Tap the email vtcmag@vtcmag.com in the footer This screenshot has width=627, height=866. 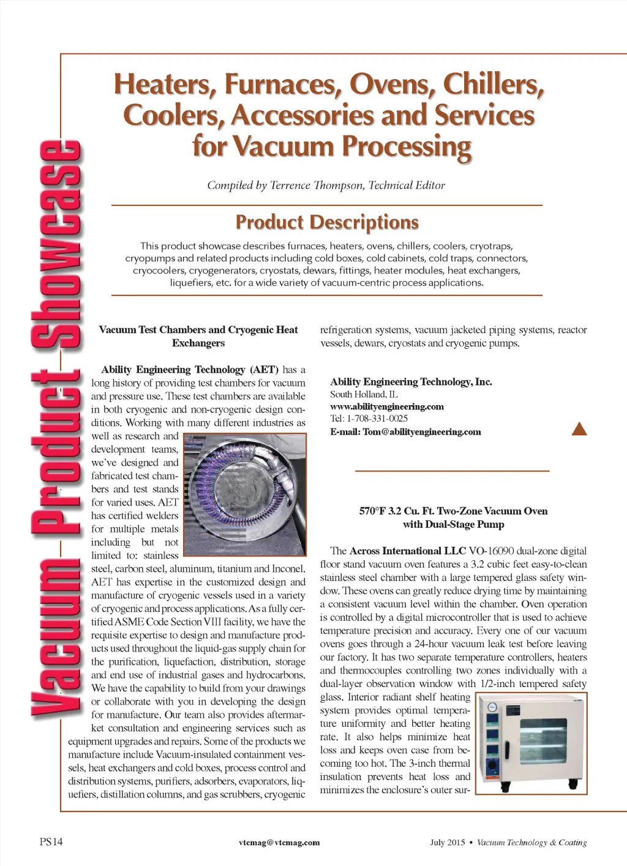[279, 842]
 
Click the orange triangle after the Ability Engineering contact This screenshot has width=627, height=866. [579, 429]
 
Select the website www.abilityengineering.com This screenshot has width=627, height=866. [387, 406]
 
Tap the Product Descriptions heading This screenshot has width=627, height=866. [327, 222]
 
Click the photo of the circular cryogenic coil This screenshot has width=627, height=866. [244, 494]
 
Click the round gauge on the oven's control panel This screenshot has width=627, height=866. [492, 707]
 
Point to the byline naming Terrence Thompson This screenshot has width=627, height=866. [326, 185]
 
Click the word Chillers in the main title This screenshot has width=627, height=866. [494, 84]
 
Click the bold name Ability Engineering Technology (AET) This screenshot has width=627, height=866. [190, 370]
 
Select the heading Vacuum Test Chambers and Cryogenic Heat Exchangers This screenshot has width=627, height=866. [198, 336]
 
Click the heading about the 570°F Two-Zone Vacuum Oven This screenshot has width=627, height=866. [453, 517]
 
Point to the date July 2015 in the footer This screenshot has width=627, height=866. [447, 842]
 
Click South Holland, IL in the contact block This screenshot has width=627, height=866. [364, 394]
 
